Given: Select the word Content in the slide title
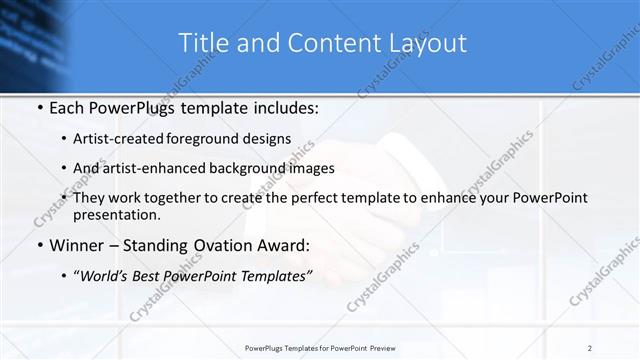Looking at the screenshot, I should coord(332,43).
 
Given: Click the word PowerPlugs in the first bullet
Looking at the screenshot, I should coord(125,105).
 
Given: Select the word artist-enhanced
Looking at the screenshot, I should coord(162,168).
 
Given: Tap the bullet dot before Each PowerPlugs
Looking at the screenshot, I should coord(38,105).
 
